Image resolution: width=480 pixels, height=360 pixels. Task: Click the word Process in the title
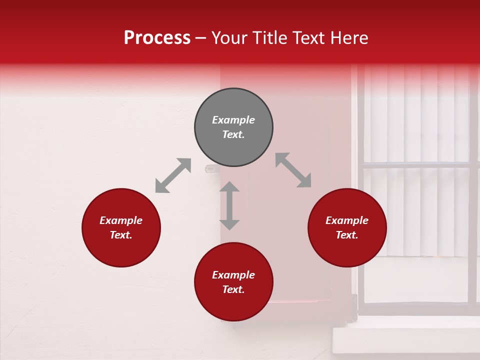tap(157, 38)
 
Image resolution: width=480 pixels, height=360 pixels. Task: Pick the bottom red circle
tap(233, 305)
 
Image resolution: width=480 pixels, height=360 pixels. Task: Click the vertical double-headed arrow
tap(229, 205)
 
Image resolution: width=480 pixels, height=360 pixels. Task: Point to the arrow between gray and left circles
tap(173, 175)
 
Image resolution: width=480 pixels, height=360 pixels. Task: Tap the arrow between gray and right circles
tap(293, 170)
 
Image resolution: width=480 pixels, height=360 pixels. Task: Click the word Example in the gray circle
tap(233, 120)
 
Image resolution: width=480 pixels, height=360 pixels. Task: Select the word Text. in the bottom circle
tap(233, 289)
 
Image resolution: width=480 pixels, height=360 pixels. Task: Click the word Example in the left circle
tap(121, 220)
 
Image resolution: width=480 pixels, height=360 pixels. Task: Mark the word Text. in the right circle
tap(347, 235)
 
